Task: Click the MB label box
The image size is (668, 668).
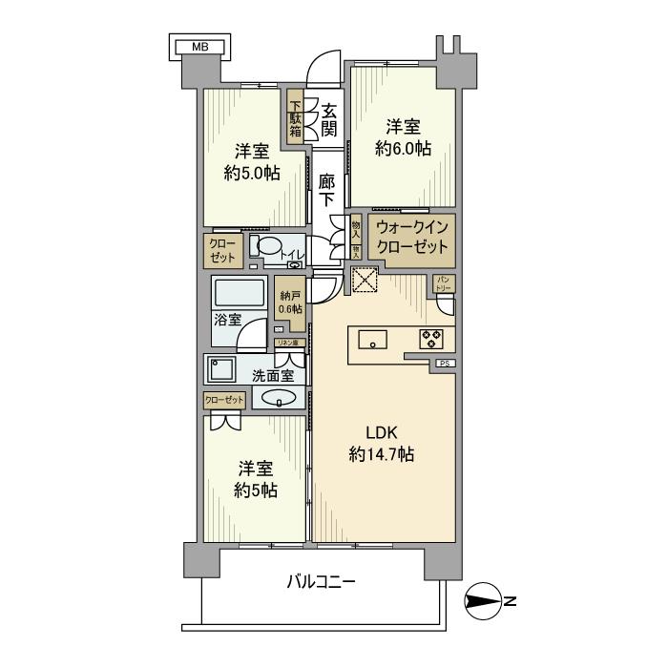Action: [x=199, y=46]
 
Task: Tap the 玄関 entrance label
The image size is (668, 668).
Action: [x=328, y=118]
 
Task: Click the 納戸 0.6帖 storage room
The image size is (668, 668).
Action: [x=290, y=302]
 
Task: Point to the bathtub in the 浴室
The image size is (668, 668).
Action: [x=240, y=293]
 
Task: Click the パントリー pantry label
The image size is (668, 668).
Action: [x=445, y=284]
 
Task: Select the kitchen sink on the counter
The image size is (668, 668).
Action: [x=372, y=339]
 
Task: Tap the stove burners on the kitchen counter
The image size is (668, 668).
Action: [x=429, y=338]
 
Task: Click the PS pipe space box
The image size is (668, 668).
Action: [x=445, y=364]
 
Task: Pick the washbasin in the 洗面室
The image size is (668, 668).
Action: [x=279, y=399]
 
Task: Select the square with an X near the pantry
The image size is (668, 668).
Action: [x=364, y=280]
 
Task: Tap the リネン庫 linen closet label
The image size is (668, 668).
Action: [x=286, y=343]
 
